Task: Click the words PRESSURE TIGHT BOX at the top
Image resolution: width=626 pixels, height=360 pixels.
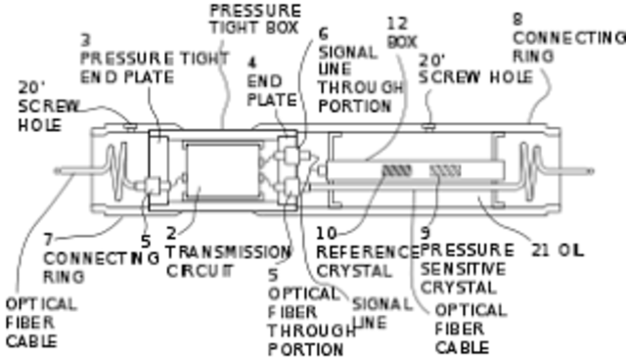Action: (x=255, y=18)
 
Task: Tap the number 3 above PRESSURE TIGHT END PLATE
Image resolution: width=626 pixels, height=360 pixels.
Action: (x=86, y=40)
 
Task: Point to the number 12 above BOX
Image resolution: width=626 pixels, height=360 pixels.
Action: (x=396, y=22)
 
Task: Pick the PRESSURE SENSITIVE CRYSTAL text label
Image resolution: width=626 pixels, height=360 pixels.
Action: (x=464, y=267)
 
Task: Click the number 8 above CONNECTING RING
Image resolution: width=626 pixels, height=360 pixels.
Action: (x=517, y=18)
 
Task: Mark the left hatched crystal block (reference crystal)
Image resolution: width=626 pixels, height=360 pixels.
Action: (x=396, y=170)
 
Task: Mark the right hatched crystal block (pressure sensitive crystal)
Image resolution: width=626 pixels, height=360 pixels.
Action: (x=445, y=170)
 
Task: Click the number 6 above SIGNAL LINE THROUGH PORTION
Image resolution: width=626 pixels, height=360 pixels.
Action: (x=323, y=33)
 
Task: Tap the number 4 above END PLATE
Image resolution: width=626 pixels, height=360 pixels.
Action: (x=251, y=61)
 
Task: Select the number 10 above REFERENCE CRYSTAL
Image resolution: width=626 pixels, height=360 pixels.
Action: (x=327, y=233)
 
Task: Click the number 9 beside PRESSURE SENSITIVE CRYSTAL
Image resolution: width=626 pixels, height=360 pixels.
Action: (x=425, y=233)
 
